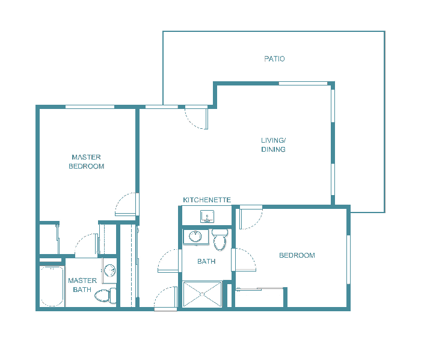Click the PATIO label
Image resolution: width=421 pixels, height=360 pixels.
(274, 59)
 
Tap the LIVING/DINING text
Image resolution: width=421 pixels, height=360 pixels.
(273, 145)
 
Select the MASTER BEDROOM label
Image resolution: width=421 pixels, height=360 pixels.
(86, 161)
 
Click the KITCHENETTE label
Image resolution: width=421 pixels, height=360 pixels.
(207, 200)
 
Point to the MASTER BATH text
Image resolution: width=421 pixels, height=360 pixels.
(82, 285)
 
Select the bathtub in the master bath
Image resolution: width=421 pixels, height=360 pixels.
(52, 287)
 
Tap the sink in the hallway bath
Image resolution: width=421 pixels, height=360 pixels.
(195, 237)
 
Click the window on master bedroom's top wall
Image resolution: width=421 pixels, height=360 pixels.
(90, 107)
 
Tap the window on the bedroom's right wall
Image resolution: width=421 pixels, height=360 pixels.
(348, 259)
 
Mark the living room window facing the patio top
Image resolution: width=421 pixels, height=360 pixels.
(303, 83)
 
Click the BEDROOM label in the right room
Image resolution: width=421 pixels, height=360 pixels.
(297, 256)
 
